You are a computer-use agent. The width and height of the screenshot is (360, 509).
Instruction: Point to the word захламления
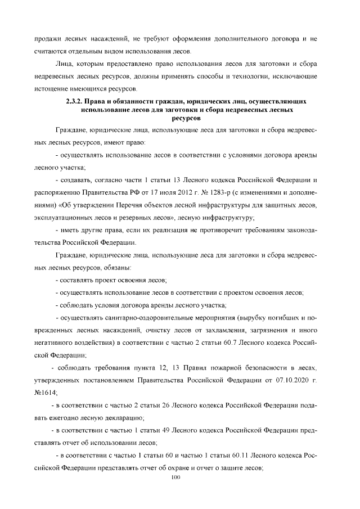[218, 330]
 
